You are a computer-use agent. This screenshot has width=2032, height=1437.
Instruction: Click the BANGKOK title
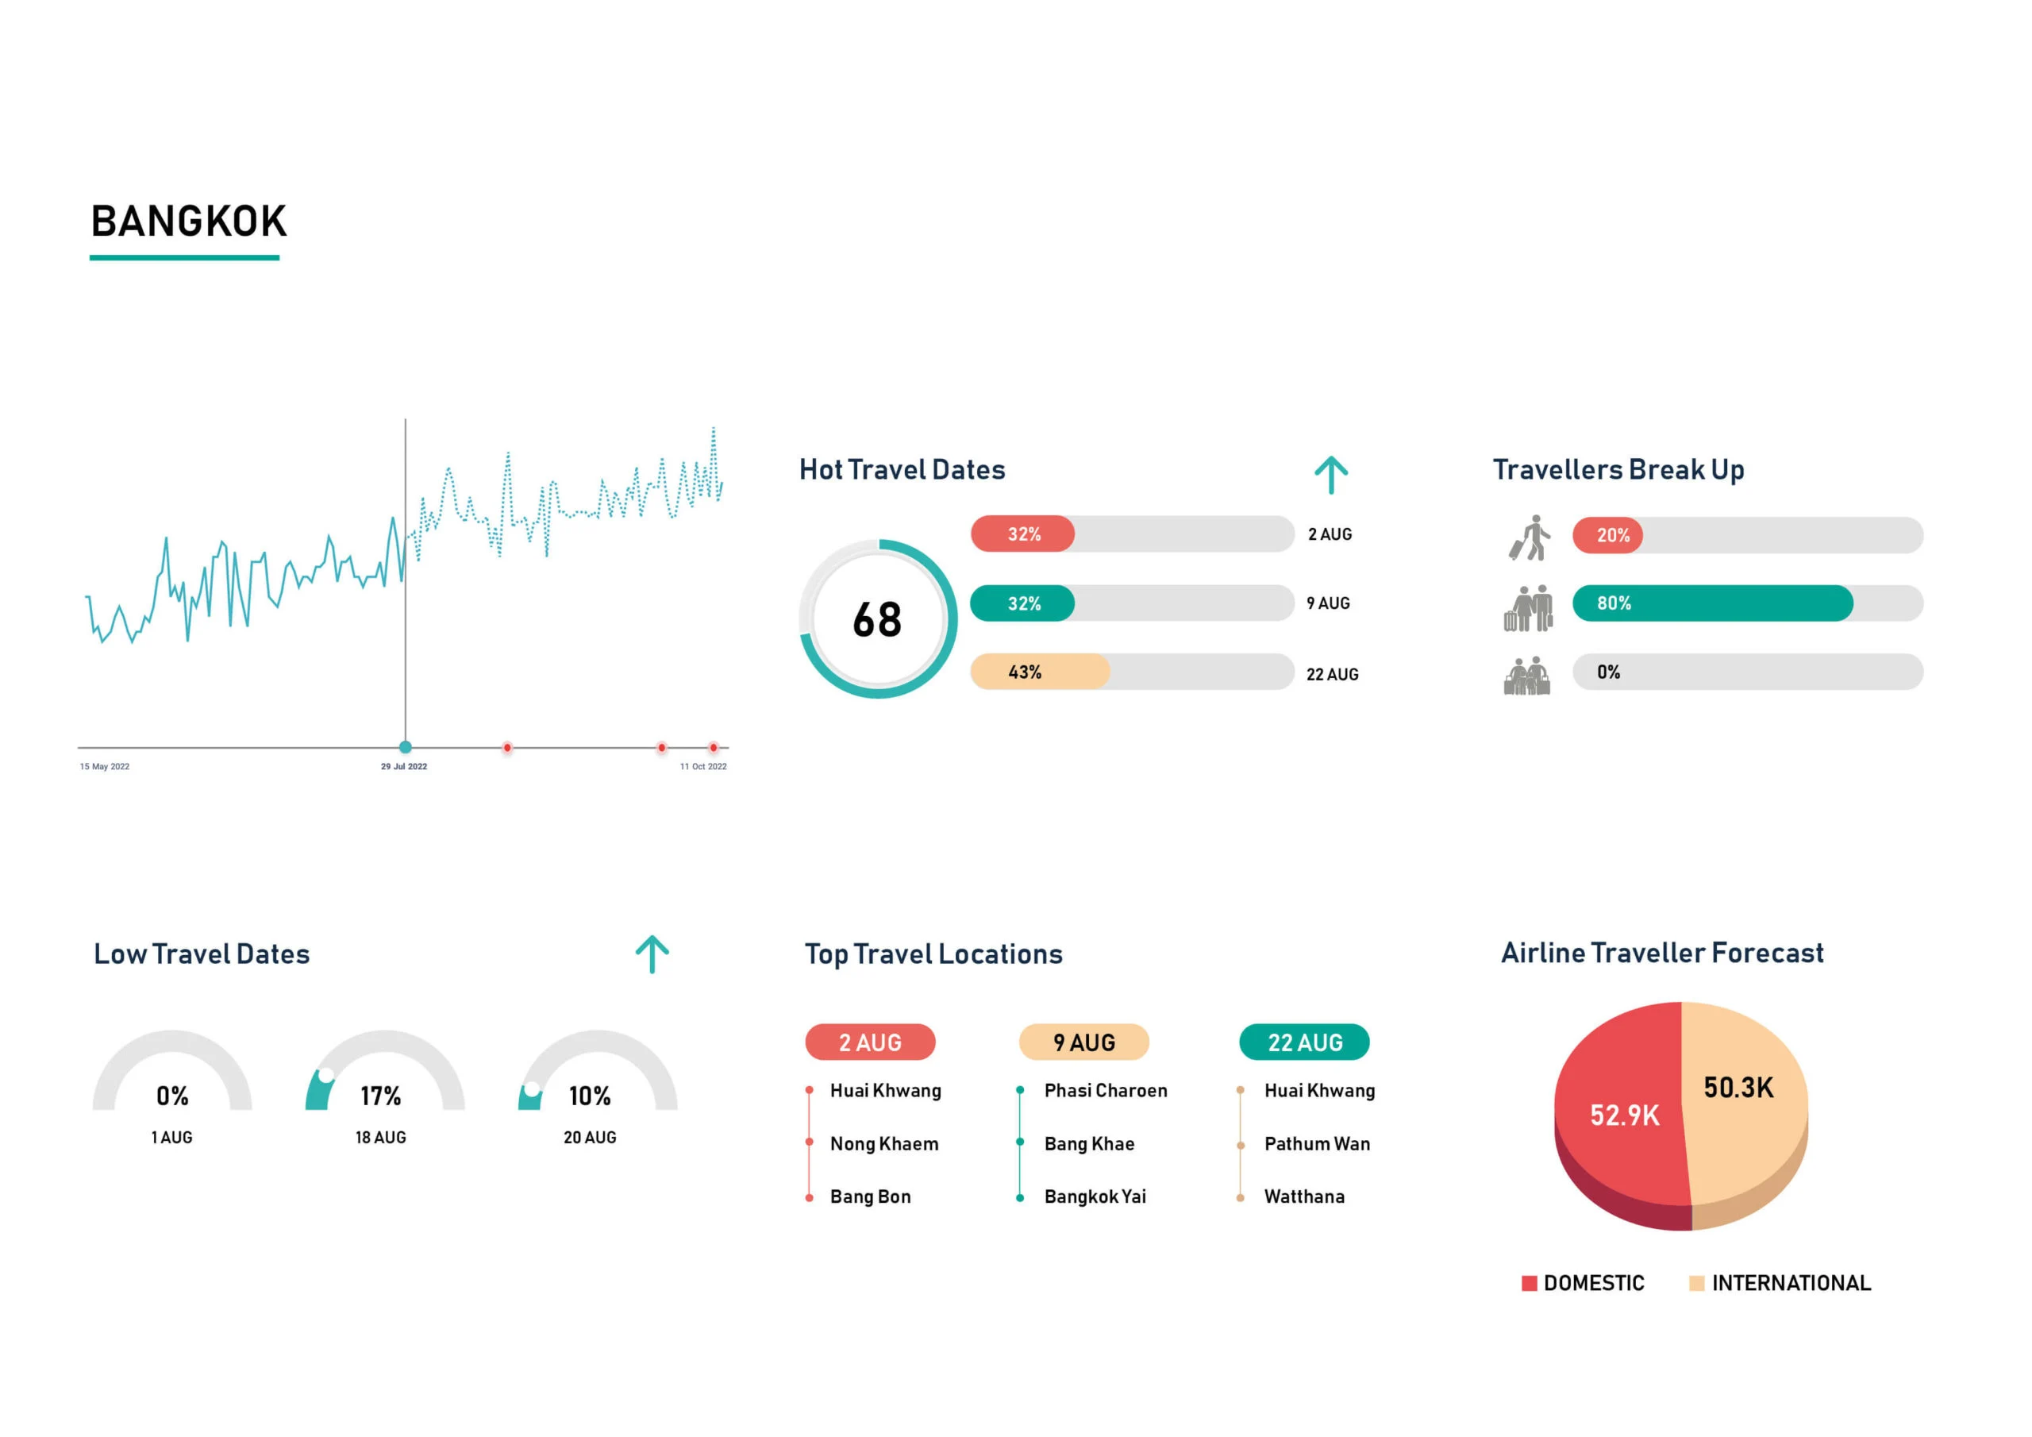[188, 222]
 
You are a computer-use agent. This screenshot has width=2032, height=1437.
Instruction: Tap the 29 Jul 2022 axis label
[403, 767]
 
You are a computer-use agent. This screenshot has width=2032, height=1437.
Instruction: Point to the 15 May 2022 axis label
[105, 767]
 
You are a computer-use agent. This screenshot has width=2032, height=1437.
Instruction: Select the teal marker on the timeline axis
[406, 747]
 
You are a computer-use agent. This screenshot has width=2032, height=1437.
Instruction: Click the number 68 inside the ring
[877, 620]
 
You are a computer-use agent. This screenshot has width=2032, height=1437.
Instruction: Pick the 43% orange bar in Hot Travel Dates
[1039, 672]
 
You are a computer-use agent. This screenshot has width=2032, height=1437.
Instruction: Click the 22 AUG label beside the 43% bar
[1332, 675]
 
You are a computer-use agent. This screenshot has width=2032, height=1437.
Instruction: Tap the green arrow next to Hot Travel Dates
[1330, 476]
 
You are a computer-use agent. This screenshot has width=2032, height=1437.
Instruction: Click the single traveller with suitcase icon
[1530, 537]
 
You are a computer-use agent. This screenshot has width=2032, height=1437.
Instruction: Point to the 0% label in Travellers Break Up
[1608, 672]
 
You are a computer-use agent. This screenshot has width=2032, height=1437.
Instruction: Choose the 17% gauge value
[380, 1096]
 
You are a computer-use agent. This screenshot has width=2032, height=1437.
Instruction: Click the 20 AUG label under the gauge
[590, 1138]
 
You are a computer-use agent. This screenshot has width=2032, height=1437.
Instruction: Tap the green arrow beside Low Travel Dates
[652, 954]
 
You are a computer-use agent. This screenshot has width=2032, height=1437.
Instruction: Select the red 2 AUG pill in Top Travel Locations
[869, 1042]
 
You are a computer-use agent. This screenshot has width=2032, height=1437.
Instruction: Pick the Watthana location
[1303, 1197]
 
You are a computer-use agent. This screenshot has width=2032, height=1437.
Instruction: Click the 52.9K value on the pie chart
[1624, 1115]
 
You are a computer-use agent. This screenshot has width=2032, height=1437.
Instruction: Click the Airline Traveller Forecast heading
[1661, 953]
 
